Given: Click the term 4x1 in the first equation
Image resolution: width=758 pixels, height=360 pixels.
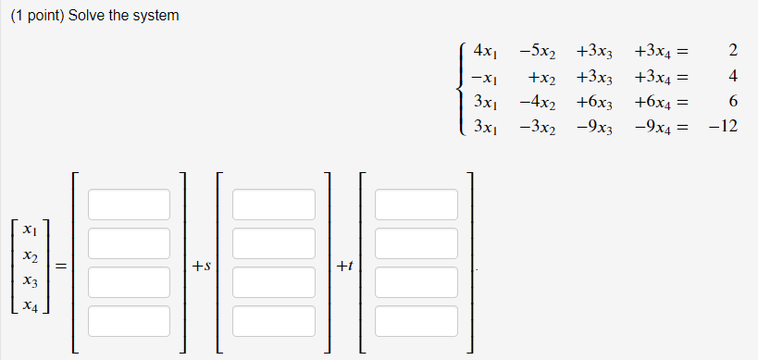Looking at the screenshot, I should [x=486, y=52].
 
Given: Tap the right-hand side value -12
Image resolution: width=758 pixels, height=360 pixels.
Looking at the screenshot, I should [x=722, y=124].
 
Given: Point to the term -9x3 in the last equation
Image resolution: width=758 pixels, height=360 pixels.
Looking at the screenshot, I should [x=592, y=124].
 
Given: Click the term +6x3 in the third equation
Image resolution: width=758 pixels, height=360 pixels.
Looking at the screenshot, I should [x=592, y=100].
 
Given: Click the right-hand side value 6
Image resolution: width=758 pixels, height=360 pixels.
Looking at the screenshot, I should [x=732, y=100].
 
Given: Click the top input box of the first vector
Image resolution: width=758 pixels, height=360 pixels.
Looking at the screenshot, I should [x=130, y=204].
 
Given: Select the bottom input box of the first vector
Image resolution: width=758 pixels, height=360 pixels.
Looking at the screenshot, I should [x=130, y=320].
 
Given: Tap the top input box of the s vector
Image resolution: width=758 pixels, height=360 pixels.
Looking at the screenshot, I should [x=273, y=204].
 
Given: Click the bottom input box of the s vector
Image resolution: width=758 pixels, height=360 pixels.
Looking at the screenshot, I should [x=273, y=320].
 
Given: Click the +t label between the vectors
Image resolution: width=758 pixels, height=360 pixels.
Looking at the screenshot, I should [x=344, y=267].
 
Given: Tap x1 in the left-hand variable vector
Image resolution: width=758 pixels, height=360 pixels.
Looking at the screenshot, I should [x=31, y=230].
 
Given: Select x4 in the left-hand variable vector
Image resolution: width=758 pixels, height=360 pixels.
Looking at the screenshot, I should [x=31, y=304].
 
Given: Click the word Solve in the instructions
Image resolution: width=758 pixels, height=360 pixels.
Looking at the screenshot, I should [x=88, y=16].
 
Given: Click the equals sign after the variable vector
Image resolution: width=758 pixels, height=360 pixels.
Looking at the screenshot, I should [x=60, y=267].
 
